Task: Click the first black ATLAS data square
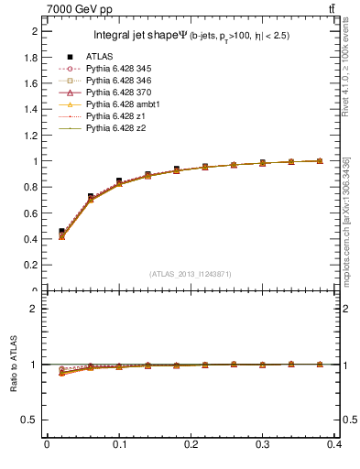[x=61, y=232]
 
